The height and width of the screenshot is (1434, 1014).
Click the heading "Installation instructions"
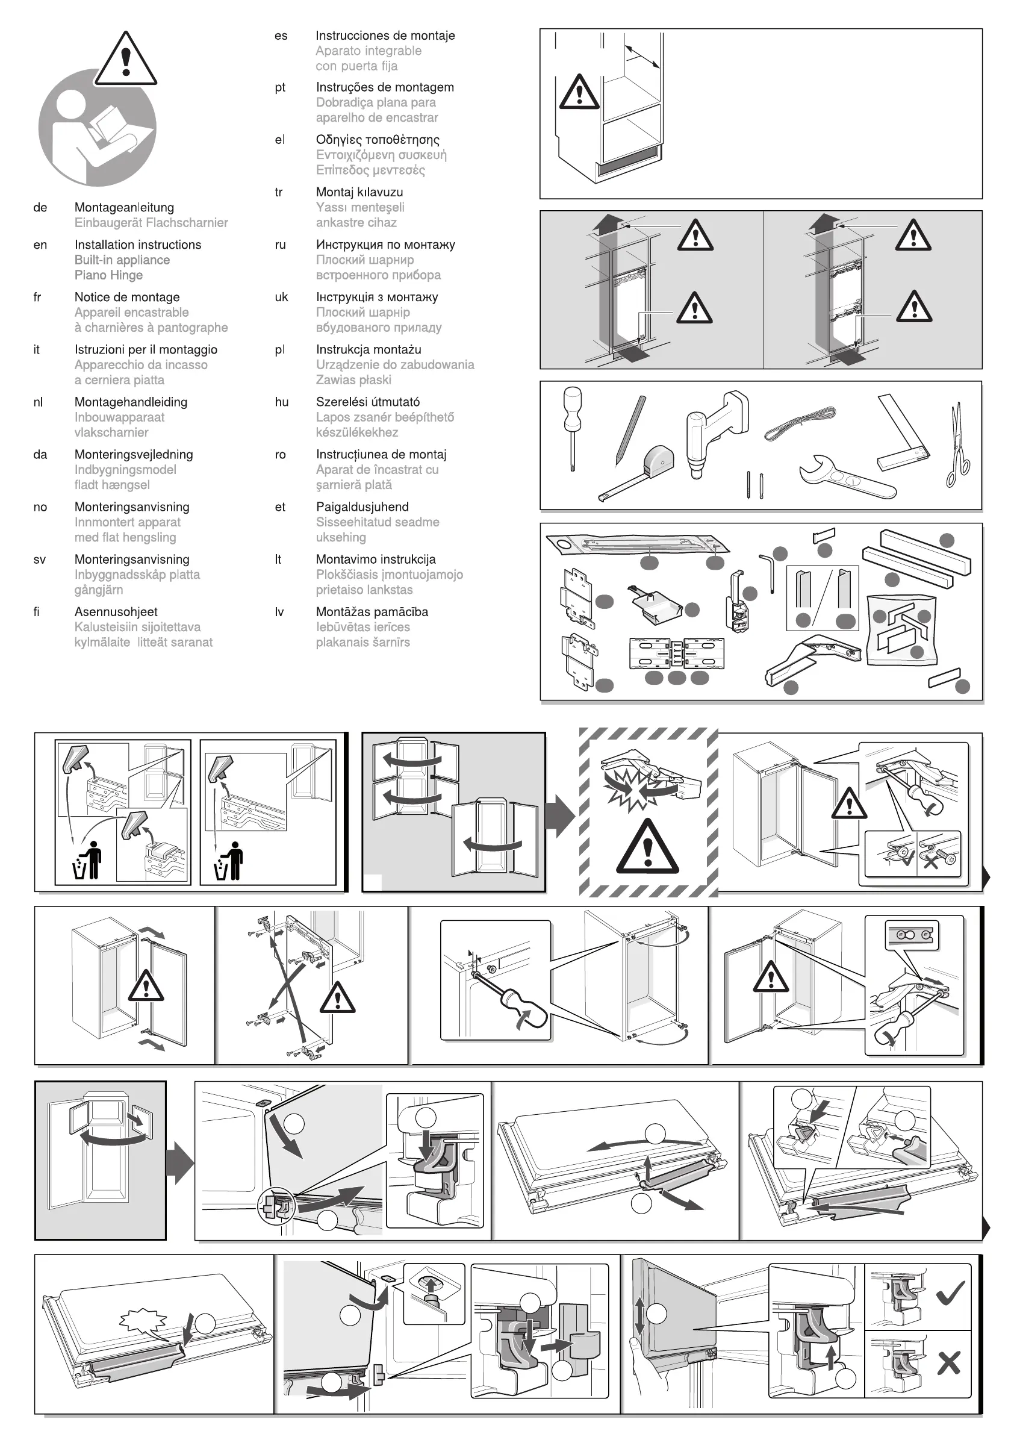137,245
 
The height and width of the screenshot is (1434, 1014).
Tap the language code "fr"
37,298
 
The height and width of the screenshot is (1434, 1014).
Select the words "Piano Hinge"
108,275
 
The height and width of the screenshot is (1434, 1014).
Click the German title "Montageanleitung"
124,207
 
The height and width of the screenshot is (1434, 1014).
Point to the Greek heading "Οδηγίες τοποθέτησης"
377,140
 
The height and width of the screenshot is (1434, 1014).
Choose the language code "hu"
282,402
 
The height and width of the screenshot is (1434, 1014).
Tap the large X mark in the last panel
948,1364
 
